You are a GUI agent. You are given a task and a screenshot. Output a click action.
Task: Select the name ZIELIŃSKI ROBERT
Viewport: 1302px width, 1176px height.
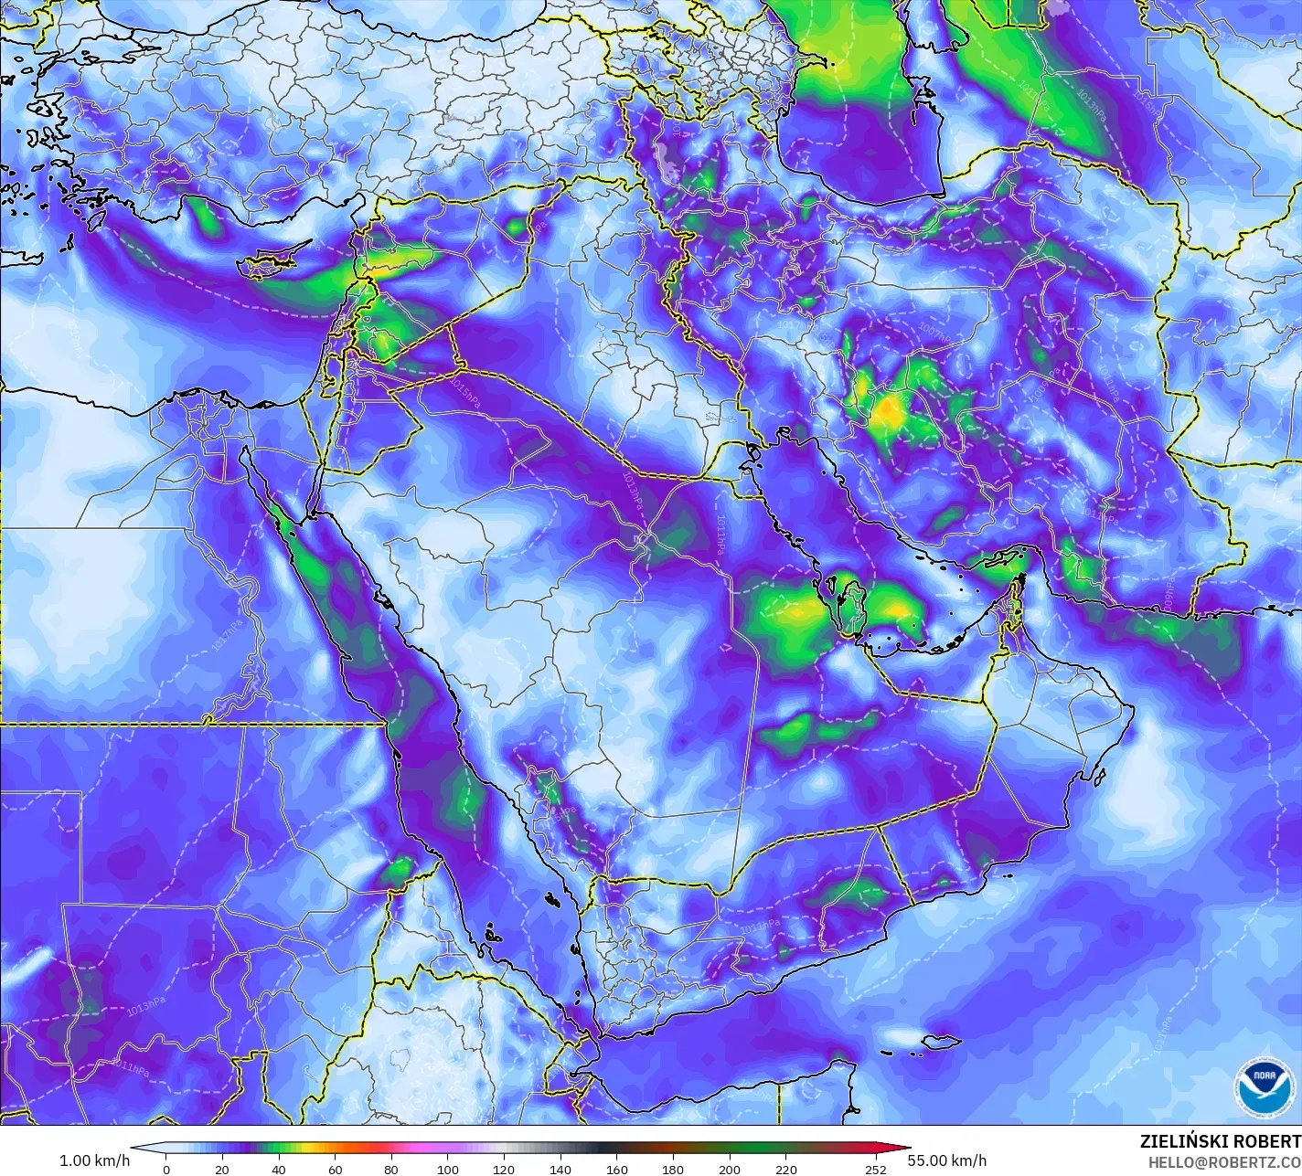pyautogui.click(x=1220, y=1141)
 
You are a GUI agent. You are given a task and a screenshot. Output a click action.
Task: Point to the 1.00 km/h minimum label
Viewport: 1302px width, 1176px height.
pyautogui.click(x=94, y=1160)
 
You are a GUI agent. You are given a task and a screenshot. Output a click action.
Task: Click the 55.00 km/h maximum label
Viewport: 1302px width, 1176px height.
pyautogui.click(x=947, y=1160)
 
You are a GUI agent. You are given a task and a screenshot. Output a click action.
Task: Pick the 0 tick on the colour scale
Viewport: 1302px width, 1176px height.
pyautogui.click(x=165, y=1169)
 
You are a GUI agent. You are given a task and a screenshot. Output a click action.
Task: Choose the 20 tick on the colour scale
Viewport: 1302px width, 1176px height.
pyautogui.click(x=222, y=1169)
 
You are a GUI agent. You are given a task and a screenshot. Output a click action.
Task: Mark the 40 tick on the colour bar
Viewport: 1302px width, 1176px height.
pyautogui.click(x=279, y=1169)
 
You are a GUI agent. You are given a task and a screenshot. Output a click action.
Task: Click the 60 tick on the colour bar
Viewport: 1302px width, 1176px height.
pyautogui.click(x=335, y=1169)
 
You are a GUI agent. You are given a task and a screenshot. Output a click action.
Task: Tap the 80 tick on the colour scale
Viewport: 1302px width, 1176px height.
pyautogui.click(x=391, y=1169)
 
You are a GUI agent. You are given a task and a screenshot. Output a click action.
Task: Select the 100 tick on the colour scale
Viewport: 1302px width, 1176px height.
pyautogui.click(x=448, y=1169)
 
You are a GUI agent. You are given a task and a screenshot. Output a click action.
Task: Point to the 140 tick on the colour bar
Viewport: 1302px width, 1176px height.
pyautogui.click(x=560, y=1169)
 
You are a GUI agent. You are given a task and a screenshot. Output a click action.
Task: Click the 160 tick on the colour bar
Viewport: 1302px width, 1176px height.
pyautogui.click(x=617, y=1169)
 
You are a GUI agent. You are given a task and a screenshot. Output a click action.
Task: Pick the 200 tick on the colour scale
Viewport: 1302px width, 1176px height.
pyautogui.click(x=730, y=1169)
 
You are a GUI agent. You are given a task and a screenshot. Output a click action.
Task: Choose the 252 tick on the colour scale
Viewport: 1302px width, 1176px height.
pyautogui.click(x=876, y=1169)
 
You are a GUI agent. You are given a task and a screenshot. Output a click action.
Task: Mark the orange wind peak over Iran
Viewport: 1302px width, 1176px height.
pyautogui.click(x=885, y=412)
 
